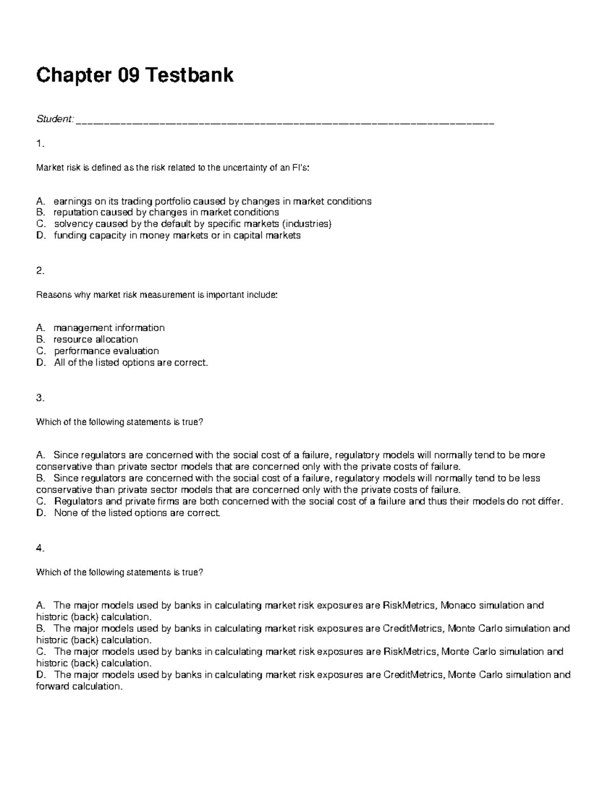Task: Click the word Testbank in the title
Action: pyautogui.click(x=190, y=75)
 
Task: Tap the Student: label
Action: pyautogui.click(x=54, y=119)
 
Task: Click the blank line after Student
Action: pyautogui.click(x=284, y=122)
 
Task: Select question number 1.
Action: pyautogui.click(x=40, y=144)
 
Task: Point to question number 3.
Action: pyautogui.click(x=40, y=398)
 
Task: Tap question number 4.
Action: pyautogui.click(x=40, y=548)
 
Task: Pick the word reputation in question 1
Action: pyautogui.click(x=75, y=212)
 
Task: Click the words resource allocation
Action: pyautogui.click(x=95, y=339)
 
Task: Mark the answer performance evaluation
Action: pyautogui.click(x=106, y=351)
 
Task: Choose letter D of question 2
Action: pyautogui.click(x=40, y=362)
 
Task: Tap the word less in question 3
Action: pyautogui.click(x=531, y=478)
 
